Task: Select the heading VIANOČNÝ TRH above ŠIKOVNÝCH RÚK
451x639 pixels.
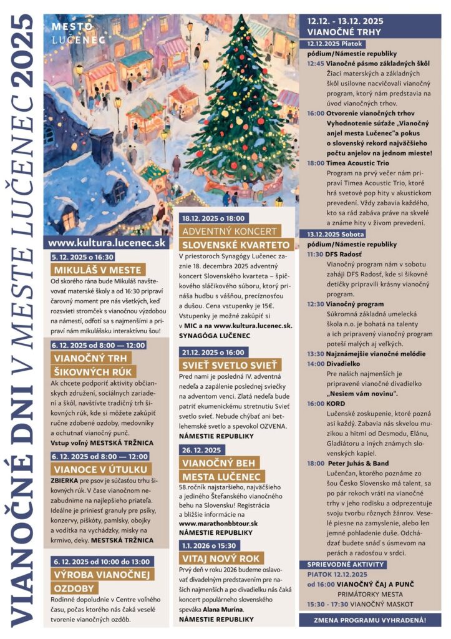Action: tap(92, 358)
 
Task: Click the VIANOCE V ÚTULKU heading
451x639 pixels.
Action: tap(102, 469)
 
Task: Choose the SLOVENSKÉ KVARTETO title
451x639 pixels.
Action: tap(235, 244)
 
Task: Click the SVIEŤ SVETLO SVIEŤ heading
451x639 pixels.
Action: tap(230, 365)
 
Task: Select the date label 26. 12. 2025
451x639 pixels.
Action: tap(202, 449)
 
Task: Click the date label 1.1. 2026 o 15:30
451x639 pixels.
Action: tap(210, 545)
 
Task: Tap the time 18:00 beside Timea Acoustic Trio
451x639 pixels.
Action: tap(315, 162)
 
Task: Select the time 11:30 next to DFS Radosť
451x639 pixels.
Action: tap(315, 254)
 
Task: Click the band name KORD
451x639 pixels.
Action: tap(336, 404)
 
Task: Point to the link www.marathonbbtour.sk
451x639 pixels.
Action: tap(218, 523)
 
